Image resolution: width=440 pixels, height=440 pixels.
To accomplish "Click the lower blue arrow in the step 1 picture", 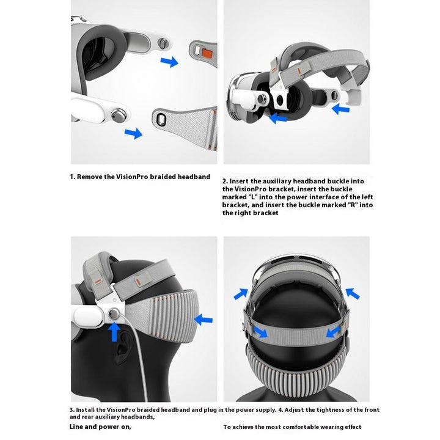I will pos(133,133).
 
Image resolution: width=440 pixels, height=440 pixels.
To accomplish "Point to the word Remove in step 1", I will pos(91,177).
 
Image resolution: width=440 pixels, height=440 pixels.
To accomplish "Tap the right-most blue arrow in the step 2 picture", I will pos(340,109).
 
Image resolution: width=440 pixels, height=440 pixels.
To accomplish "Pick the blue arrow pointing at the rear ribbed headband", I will pos(204,319).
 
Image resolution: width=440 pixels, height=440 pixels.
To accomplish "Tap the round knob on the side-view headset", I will pos(114,313).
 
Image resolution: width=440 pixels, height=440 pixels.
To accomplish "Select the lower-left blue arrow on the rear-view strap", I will pos(260,332).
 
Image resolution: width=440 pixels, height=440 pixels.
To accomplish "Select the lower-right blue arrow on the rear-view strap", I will pos(334,332).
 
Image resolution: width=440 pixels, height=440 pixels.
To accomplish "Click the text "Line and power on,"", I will pos(100,426).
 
